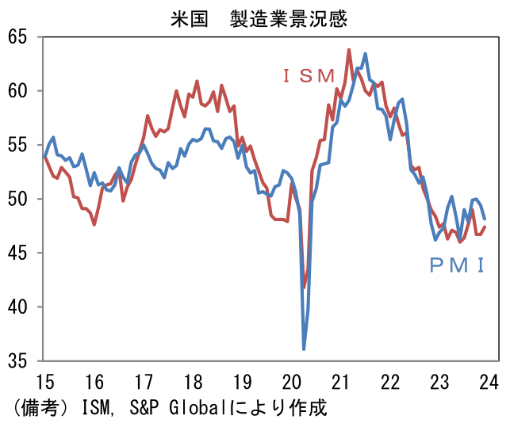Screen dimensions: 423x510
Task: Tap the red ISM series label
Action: click(x=309, y=76)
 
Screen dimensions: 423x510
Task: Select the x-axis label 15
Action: click(x=44, y=383)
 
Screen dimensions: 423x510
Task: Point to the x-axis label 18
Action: click(x=192, y=383)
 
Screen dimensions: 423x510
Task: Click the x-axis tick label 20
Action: click(x=291, y=383)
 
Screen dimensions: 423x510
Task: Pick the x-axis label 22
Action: click(x=390, y=383)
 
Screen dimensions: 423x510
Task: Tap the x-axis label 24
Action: click(x=489, y=383)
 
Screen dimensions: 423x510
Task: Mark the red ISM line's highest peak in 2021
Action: click(x=349, y=50)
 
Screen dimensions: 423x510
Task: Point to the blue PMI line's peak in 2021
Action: click(x=365, y=54)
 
